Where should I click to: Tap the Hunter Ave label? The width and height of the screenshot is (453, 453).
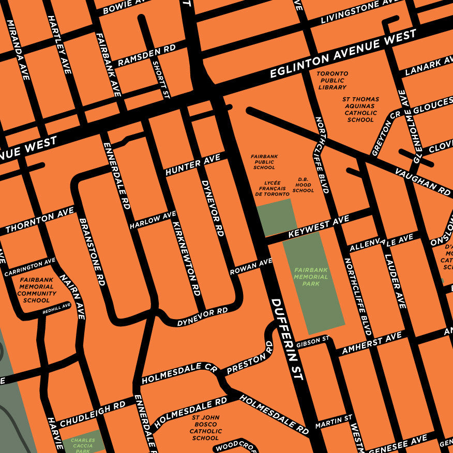click(193, 164)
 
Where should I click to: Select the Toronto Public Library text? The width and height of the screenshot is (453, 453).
click(332, 81)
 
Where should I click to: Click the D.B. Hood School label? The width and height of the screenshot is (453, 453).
click(303, 185)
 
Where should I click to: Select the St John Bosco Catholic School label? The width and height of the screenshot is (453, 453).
click(206, 428)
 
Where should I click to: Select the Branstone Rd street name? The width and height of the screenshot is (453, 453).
click(92, 251)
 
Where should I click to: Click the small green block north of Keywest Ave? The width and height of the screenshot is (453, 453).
click(277, 217)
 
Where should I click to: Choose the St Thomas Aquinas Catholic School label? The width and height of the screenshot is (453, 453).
click(360, 109)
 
